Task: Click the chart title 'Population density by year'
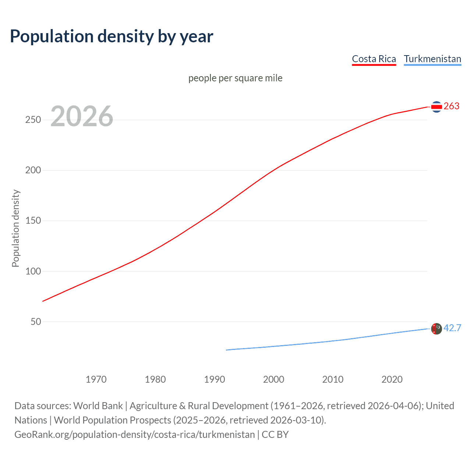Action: coord(111,36)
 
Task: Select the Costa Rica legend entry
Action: coord(374,59)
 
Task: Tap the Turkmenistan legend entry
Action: coord(432,59)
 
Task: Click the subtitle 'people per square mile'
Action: coord(235,78)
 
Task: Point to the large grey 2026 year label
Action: coord(82,116)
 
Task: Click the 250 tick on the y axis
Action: coord(33,120)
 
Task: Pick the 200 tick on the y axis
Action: coord(33,170)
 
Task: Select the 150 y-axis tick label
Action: coord(33,221)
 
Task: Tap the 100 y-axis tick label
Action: coord(33,271)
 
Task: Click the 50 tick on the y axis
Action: coord(36,322)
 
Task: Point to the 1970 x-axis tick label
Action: coord(96,379)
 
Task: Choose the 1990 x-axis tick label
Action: coord(215,379)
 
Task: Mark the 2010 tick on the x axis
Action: coord(333,379)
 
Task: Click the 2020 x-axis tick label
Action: coord(392,379)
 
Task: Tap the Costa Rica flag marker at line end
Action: coord(436,107)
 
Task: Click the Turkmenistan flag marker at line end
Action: coord(436,329)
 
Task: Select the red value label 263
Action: coord(451,106)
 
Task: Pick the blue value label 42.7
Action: coord(452,328)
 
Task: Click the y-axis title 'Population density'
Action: coord(15,228)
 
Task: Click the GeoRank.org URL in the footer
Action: coord(134,435)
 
